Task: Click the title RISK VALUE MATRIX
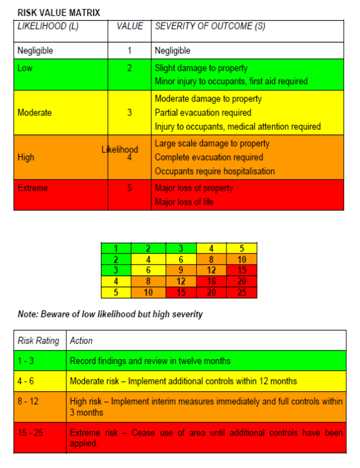58,12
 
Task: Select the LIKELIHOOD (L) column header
48,27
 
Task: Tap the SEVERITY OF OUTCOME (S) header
210,27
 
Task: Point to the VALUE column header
129,27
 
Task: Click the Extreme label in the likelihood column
33,188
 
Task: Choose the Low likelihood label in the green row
25,68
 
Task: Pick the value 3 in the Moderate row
129,113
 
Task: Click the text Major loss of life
184,202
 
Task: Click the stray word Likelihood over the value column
120,149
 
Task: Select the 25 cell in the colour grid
242,293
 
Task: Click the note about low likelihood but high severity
110,315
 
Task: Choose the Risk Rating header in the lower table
39,340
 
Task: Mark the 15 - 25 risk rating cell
30,433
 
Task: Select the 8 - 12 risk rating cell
28,402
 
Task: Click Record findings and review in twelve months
150,360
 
